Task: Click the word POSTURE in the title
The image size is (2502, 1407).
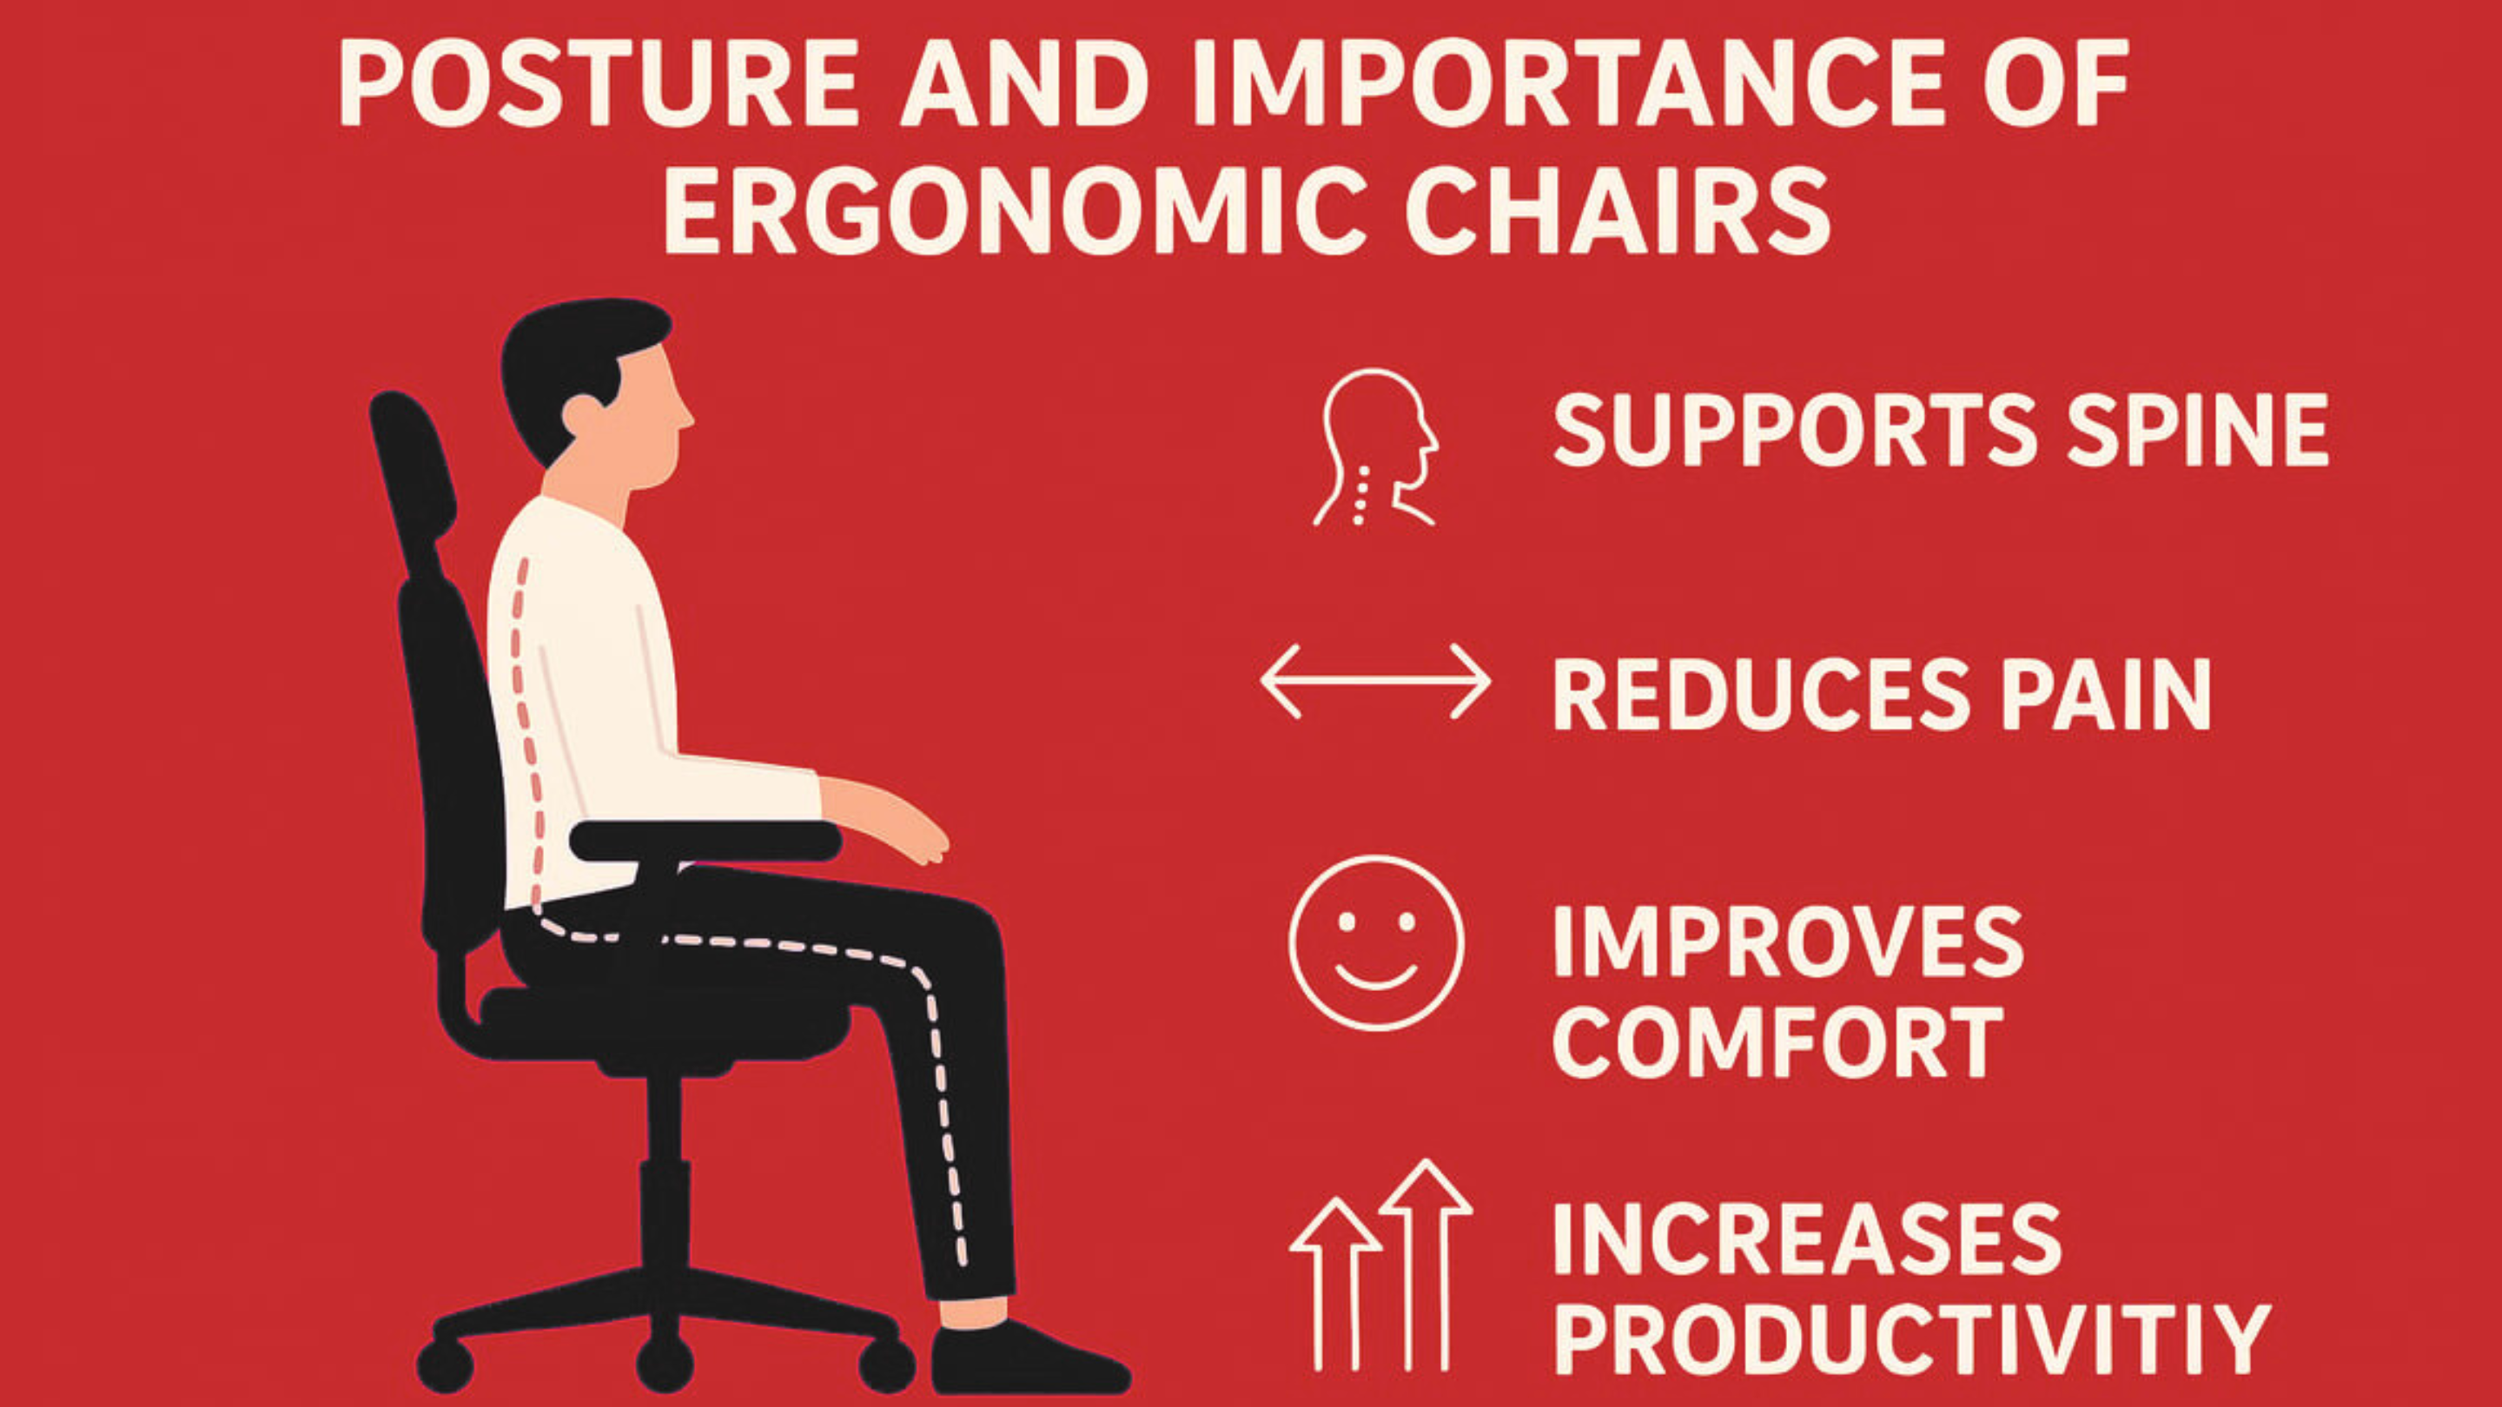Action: pyautogui.click(x=599, y=85)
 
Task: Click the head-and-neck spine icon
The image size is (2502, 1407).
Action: pyautogui.click(x=1375, y=447)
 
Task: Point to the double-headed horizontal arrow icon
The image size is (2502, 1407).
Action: pyautogui.click(x=1375, y=681)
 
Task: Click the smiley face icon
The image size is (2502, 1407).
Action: pyautogui.click(x=1376, y=941)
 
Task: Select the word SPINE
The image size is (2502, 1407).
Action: pyautogui.click(x=2198, y=429)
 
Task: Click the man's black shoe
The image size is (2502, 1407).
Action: pyautogui.click(x=1029, y=1357)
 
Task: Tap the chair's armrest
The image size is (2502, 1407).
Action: pyautogui.click(x=705, y=841)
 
